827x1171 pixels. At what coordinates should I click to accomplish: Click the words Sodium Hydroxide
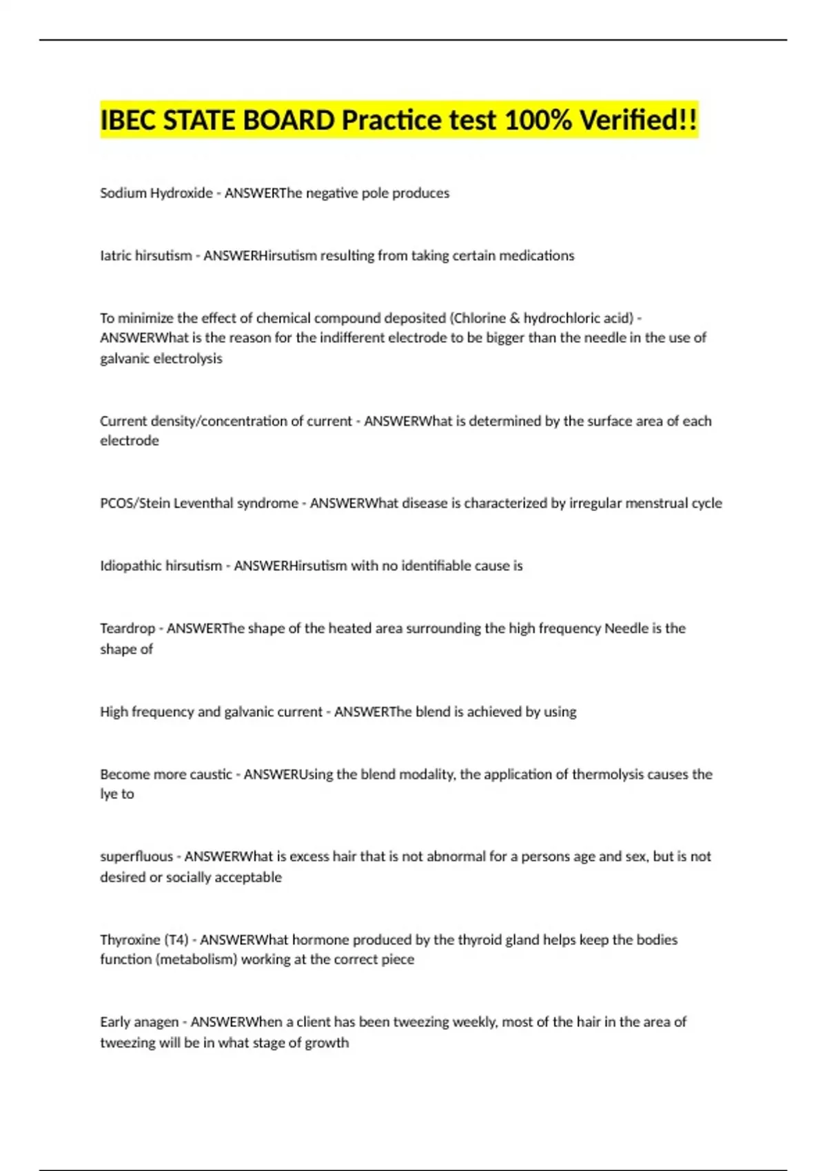[x=156, y=194]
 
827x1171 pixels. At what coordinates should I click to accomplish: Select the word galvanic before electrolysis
[x=125, y=359]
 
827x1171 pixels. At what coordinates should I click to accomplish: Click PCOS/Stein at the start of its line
[x=135, y=504]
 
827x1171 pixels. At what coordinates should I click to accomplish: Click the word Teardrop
[x=127, y=629]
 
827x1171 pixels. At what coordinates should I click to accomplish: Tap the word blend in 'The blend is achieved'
[x=432, y=712]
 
